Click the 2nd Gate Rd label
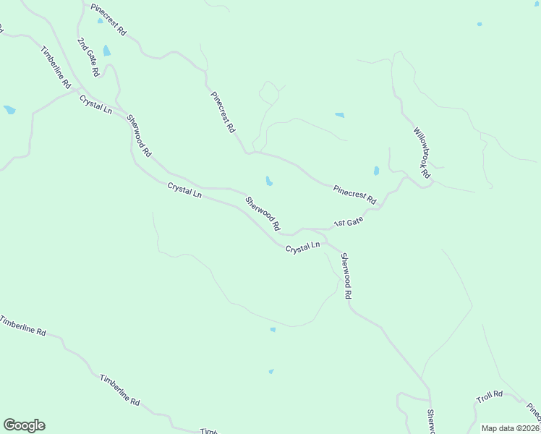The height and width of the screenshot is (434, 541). click(88, 57)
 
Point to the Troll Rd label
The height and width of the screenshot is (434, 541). click(489, 396)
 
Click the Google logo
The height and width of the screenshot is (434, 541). click(24, 425)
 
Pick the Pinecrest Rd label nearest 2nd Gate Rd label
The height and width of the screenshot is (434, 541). click(108, 20)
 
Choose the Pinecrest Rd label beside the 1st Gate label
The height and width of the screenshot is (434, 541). click(354, 194)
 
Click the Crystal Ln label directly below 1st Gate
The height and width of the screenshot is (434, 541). click(302, 248)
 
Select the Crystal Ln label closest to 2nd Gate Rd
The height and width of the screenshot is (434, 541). click(95, 104)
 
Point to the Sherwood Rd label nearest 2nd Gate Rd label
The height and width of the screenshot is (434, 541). click(138, 136)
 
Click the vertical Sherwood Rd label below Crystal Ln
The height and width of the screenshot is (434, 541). click(346, 276)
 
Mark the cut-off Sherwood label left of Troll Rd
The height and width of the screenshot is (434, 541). click(430, 422)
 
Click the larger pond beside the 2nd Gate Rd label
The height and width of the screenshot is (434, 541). click(107, 51)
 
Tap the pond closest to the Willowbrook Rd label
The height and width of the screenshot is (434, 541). click(376, 171)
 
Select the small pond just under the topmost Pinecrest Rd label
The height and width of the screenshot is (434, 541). click(100, 20)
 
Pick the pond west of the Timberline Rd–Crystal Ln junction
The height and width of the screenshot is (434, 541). click(9, 110)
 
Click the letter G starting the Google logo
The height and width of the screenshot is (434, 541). click(9, 425)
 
